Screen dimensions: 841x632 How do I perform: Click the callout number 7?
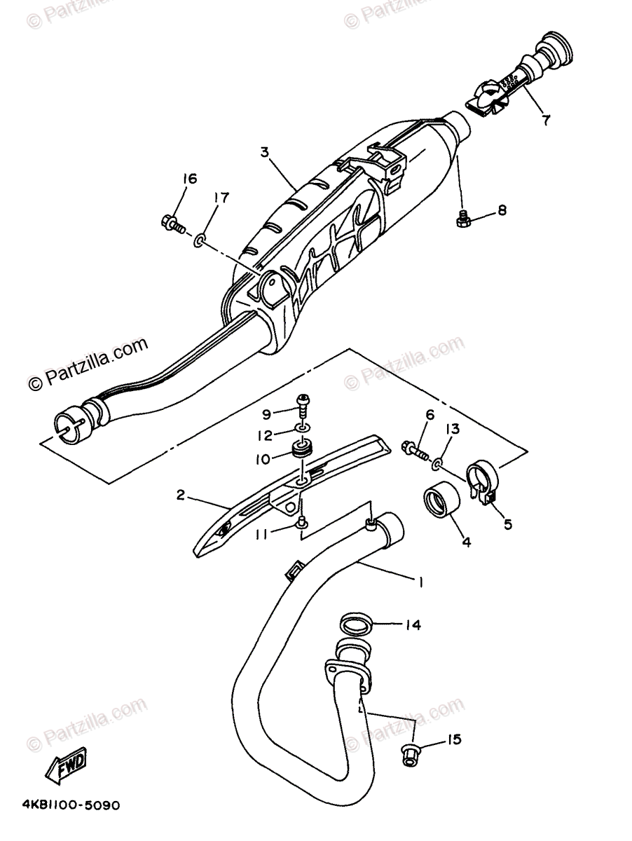[545, 119]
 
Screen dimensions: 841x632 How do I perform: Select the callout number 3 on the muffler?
[265, 152]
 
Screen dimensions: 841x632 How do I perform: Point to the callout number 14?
[413, 625]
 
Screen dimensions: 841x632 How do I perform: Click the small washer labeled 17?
[200, 242]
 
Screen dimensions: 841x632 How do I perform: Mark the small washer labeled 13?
[438, 463]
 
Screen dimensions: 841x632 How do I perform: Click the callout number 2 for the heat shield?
[180, 495]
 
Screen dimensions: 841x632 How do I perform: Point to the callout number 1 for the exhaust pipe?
[420, 581]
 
